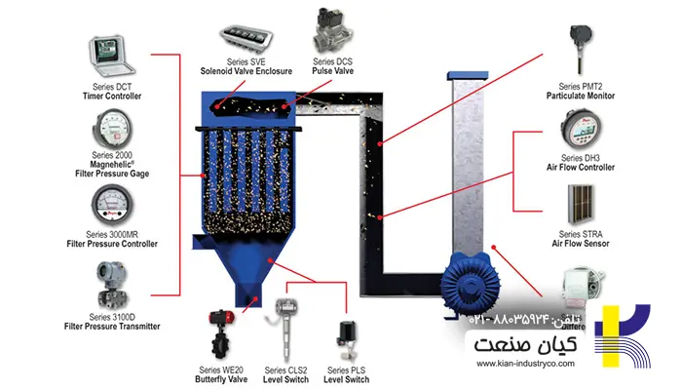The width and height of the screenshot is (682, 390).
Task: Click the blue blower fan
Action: point(477,283)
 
